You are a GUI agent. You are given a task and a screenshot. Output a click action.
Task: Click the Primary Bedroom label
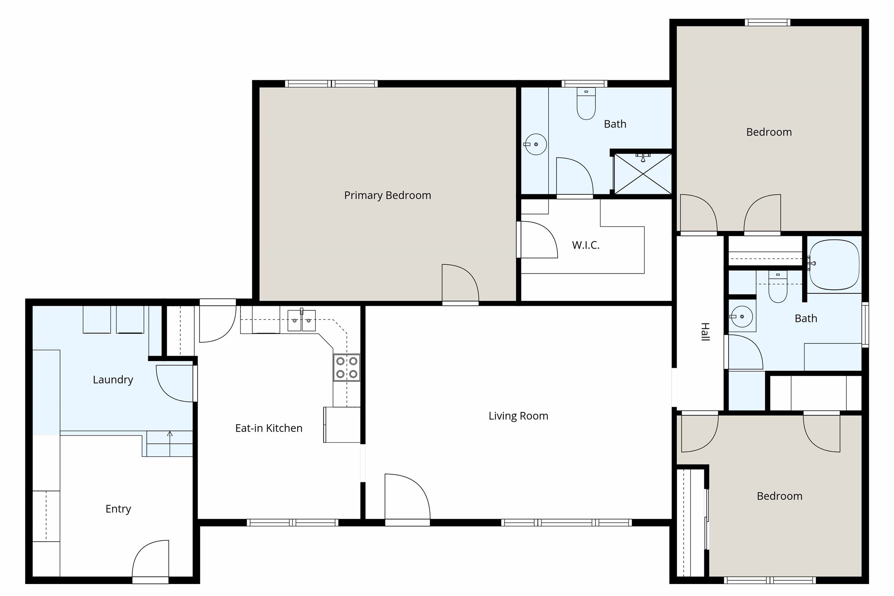click(387, 195)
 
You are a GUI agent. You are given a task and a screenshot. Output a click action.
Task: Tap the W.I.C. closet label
click(585, 245)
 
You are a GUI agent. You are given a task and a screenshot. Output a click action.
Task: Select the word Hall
click(705, 332)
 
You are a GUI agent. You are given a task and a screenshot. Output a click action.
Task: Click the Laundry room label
click(113, 379)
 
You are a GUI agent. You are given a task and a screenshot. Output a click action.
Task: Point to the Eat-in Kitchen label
click(269, 428)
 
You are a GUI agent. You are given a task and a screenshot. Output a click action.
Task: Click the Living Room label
click(518, 416)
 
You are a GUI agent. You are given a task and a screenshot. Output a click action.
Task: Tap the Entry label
click(118, 509)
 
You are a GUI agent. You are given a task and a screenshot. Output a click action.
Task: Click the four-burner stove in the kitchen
click(347, 368)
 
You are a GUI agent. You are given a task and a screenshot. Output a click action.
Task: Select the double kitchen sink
click(301, 321)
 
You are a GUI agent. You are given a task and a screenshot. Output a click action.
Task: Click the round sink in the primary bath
click(535, 144)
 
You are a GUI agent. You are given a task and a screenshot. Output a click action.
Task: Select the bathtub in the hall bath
click(834, 265)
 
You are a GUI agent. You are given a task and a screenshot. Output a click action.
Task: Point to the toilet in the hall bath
click(778, 288)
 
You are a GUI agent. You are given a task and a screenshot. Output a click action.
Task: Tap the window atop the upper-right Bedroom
click(767, 23)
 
